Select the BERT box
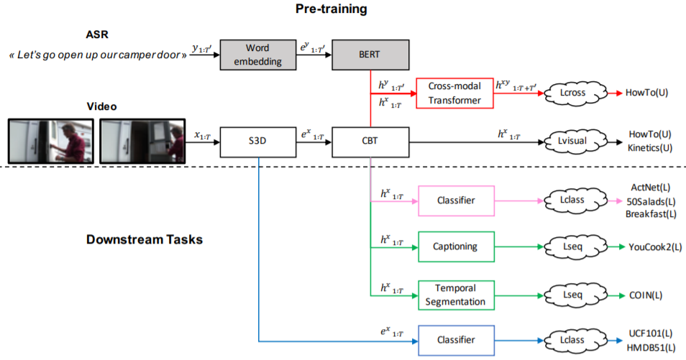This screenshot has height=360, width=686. coord(370,55)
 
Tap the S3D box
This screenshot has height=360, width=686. coord(258,142)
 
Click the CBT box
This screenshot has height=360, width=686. coord(370,142)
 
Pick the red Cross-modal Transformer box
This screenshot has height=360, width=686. coord(454,93)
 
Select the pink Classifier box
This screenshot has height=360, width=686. coord(456,200)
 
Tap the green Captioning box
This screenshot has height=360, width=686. coord(456,246)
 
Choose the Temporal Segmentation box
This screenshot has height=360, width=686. coord(456,295)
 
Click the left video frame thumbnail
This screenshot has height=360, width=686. coord(50,141)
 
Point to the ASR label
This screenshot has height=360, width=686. coord(96,34)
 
